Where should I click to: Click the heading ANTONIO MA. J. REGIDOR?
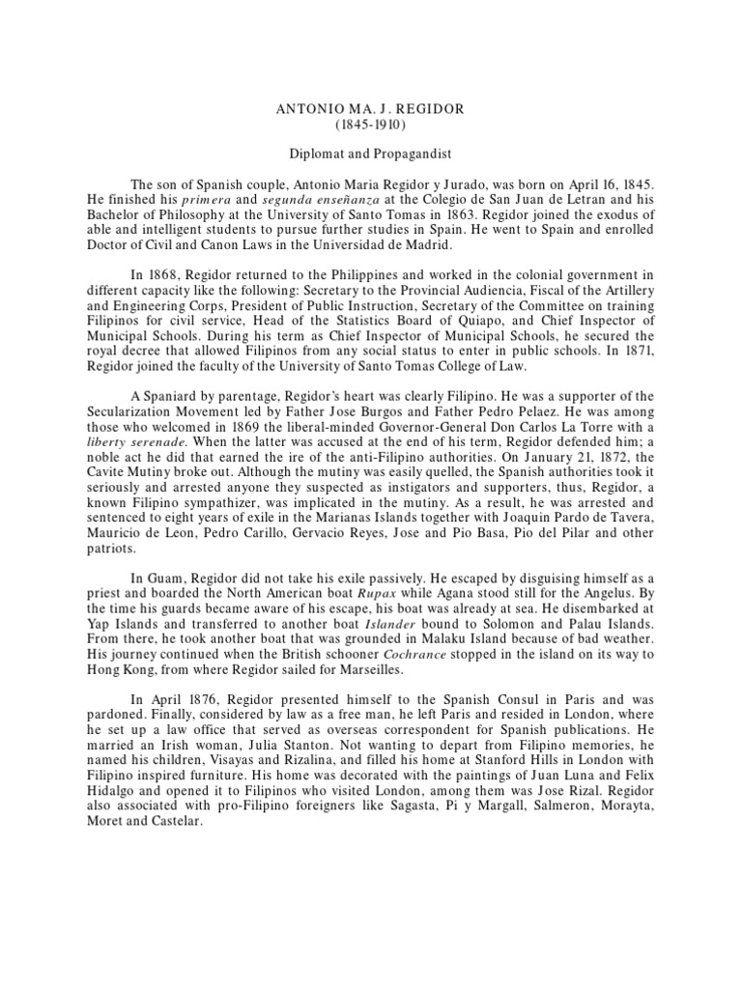pos(371,109)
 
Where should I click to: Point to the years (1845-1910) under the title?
pos(371,125)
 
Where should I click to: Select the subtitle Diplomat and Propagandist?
pos(371,154)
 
